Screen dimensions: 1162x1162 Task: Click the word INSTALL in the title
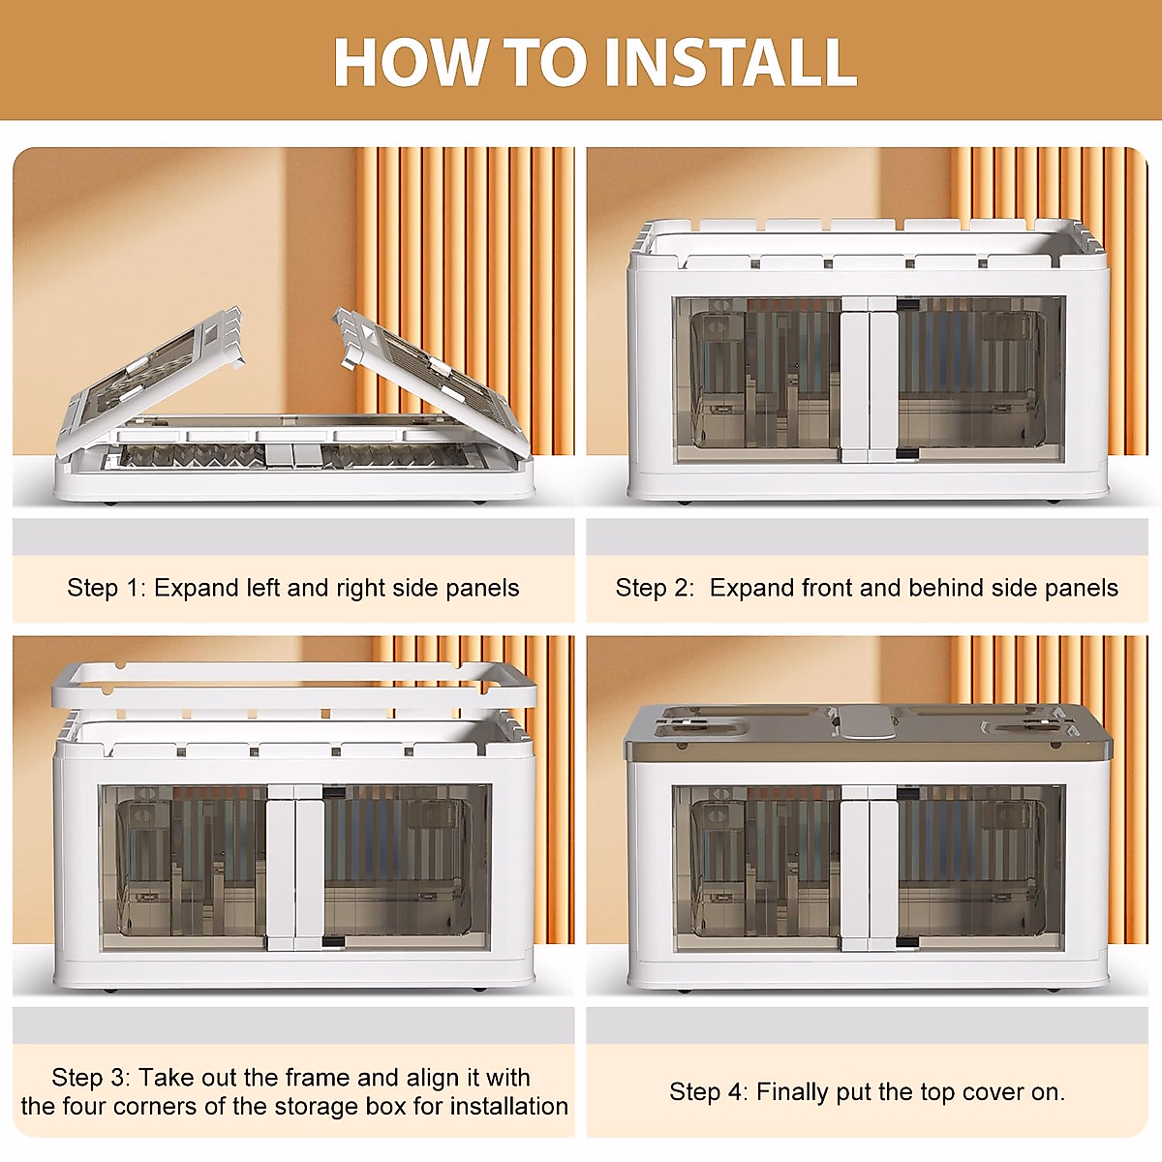[730, 63]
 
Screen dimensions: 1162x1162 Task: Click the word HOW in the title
[410, 63]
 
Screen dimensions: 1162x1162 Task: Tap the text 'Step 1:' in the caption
[107, 588]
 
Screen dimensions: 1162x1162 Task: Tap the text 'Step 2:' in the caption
[656, 588]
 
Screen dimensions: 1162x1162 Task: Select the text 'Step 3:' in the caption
[91, 1078]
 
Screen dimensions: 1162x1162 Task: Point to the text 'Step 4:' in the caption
[709, 1092]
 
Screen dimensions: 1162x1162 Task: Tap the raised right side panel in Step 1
[431, 380]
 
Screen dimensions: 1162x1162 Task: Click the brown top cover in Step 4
[869, 731]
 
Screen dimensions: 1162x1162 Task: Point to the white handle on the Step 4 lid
[869, 723]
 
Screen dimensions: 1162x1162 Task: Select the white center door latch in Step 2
[869, 380]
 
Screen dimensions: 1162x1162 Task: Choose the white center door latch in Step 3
[295, 869]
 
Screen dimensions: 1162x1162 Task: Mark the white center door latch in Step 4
[869, 869]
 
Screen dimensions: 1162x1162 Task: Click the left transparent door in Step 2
[757, 380]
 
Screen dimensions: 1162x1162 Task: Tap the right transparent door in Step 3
[408, 869]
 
